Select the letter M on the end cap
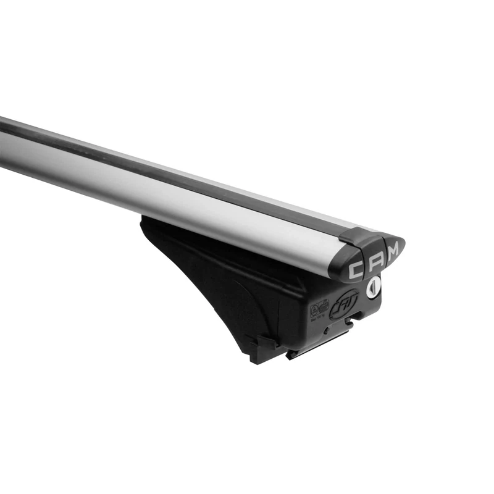point(393,249)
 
